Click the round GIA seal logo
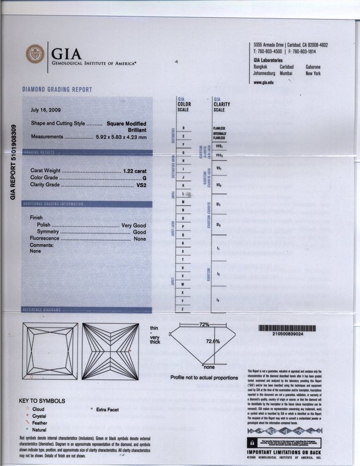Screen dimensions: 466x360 (x=35, y=55)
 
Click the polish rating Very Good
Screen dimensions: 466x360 (x=134, y=226)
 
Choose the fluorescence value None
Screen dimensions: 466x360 (x=140, y=239)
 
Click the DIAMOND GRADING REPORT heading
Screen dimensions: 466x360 (x=57, y=89)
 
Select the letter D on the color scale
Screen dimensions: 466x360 (x=183, y=127)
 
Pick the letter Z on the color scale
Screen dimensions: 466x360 (x=182, y=308)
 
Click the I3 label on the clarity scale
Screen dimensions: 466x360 (x=218, y=300)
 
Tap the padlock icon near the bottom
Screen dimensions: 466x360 (x=251, y=442)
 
